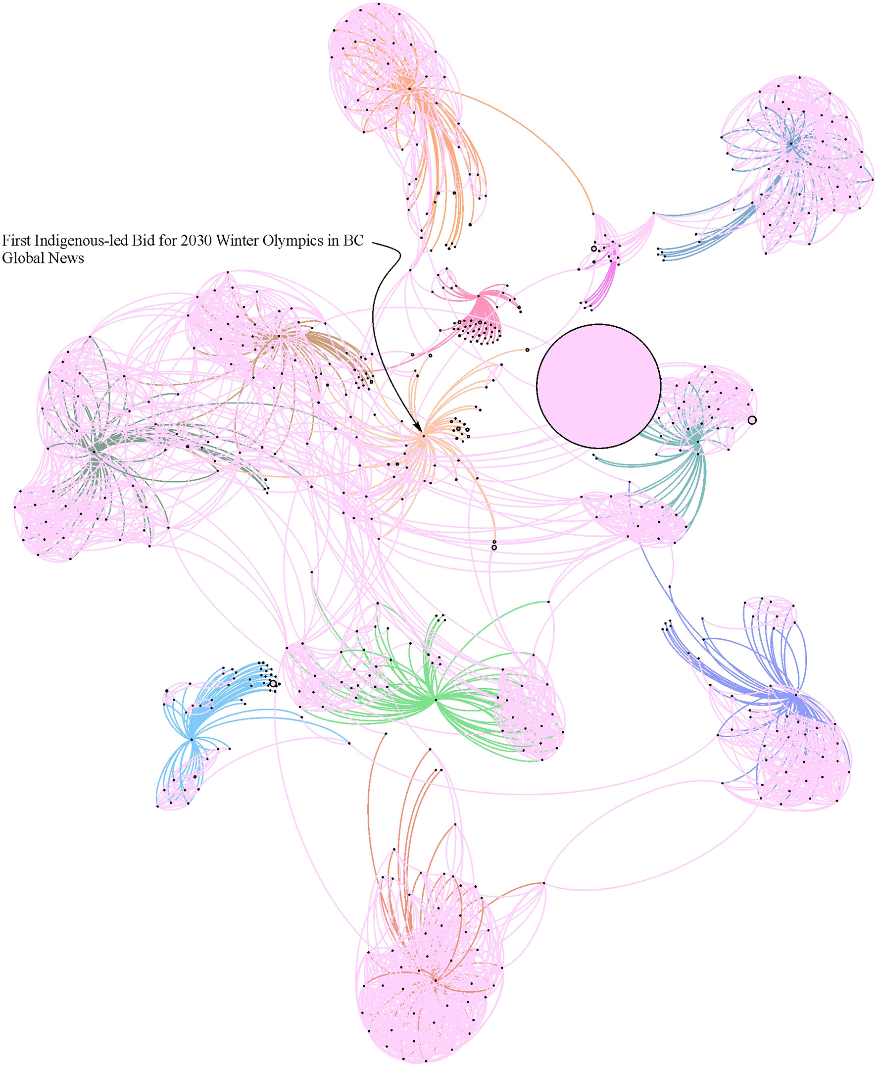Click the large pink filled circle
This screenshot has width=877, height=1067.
(598, 386)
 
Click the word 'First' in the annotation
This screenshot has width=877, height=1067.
(16, 241)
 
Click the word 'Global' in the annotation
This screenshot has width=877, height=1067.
(22, 258)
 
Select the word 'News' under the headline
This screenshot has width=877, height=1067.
(65, 258)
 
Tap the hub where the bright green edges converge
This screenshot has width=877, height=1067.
(436, 700)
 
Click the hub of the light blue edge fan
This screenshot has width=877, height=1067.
(192, 739)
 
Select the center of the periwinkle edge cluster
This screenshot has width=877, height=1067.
(795, 696)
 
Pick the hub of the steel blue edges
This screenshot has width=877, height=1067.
(791, 144)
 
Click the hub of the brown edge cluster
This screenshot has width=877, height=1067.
(277, 336)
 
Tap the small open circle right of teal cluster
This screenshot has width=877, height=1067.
(752, 420)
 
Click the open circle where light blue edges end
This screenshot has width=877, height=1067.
(273, 683)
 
